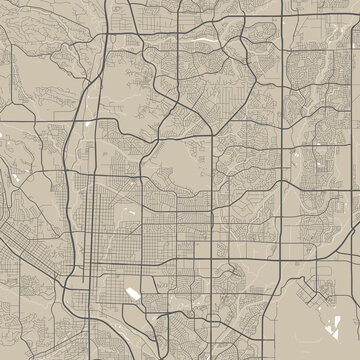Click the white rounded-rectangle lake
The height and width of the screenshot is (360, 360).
[133, 293]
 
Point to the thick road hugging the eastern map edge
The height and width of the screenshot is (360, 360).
[352, 150]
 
